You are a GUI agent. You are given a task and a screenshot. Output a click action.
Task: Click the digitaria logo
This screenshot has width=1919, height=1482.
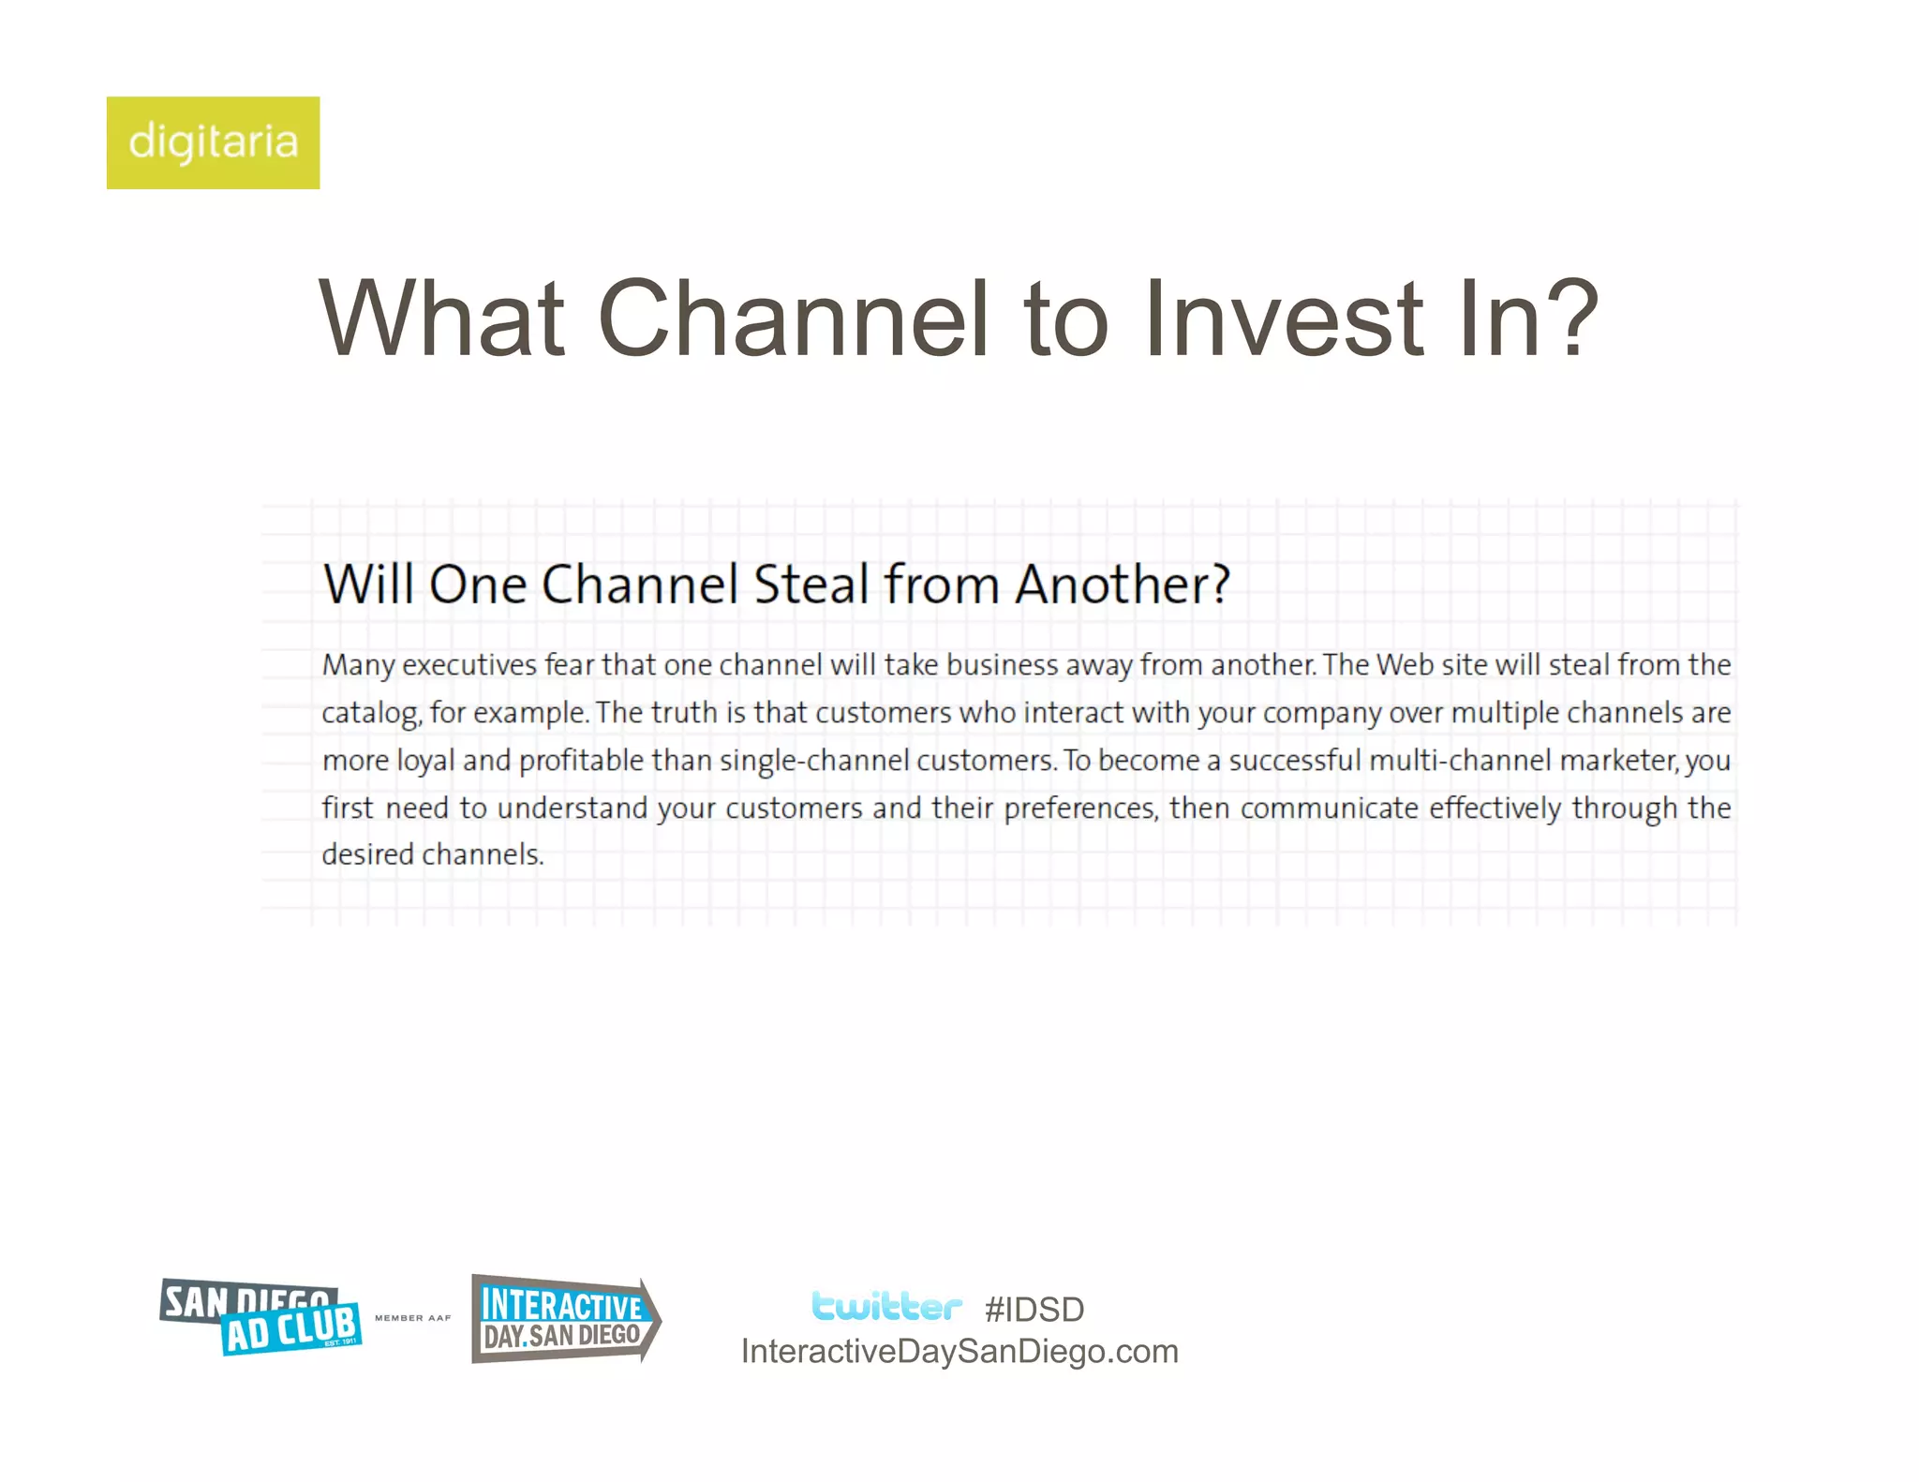pyautogui.click(x=213, y=142)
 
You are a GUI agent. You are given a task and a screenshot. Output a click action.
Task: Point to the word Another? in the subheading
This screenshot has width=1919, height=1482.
pyautogui.click(x=1122, y=585)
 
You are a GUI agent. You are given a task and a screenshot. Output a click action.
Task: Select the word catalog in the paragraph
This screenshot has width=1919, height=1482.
pyautogui.click(x=369, y=714)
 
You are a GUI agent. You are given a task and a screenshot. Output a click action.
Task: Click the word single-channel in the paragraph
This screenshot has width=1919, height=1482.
pyautogui.click(x=813, y=761)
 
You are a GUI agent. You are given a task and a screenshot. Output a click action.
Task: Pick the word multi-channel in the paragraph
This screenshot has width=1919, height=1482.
pyautogui.click(x=1460, y=761)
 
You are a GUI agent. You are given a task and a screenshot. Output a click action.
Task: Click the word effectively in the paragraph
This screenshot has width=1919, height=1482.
pyautogui.click(x=1495, y=808)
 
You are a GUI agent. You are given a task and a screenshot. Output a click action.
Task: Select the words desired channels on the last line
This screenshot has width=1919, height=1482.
pyautogui.click(x=432, y=855)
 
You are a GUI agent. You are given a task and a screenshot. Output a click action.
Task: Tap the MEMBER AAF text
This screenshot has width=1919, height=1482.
pyautogui.click(x=412, y=1318)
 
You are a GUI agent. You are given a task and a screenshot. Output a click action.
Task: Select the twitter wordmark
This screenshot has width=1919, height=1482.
pyautogui.click(x=885, y=1307)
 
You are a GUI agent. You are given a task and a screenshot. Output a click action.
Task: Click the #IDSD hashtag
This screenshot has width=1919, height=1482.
pyautogui.click(x=1034, y=1310)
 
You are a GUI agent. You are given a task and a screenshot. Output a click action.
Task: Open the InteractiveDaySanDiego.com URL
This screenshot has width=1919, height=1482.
pyautogui.click(x=959, y=1352)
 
